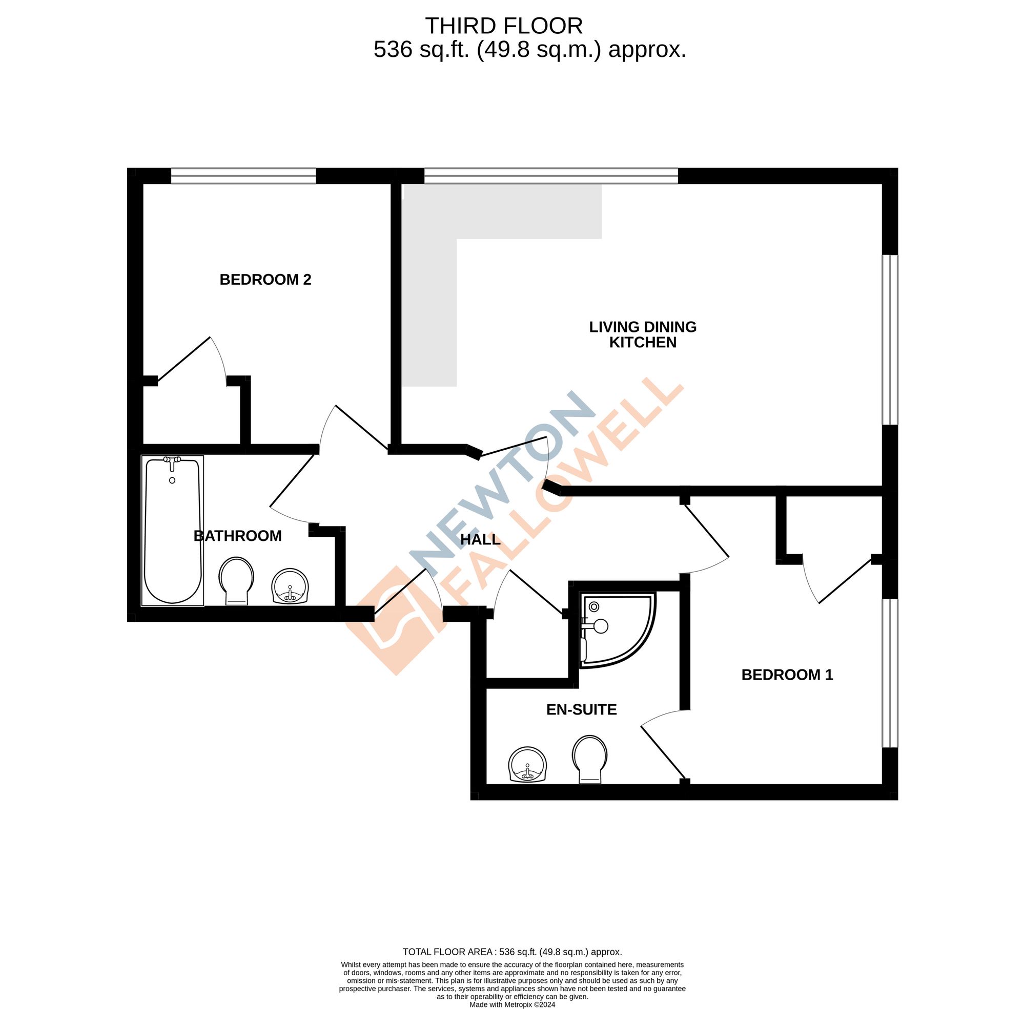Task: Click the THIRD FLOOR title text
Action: [503, 26]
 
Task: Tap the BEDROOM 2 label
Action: [265, 279]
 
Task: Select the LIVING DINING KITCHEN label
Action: [642, 334]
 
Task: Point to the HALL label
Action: [480, 539]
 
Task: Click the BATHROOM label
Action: [238, 536]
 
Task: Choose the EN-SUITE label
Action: [581, 709]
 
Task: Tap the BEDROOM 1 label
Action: [787, 675]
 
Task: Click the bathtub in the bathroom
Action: [172, 530]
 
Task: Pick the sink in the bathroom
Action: [290, 586]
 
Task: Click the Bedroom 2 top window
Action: [243, 176]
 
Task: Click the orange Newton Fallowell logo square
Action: [395, 620]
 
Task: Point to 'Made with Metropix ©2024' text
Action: [512, 1004]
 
